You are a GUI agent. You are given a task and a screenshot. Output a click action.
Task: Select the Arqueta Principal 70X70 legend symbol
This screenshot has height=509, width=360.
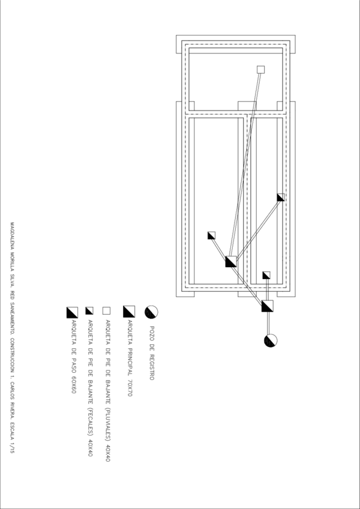128,311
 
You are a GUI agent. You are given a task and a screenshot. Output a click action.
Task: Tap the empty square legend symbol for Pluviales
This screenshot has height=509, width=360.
107,311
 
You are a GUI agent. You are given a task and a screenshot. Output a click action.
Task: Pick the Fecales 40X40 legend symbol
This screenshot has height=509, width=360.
89,311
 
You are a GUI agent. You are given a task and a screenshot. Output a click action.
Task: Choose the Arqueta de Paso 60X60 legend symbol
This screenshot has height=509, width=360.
73,312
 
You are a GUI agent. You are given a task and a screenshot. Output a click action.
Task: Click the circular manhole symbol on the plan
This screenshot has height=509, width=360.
270,341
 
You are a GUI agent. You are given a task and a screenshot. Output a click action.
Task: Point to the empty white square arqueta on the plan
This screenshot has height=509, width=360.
260,70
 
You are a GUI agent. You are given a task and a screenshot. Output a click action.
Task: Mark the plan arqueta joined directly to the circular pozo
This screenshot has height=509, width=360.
268,306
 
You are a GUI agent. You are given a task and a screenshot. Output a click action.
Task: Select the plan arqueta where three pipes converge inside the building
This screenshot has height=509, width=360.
231,261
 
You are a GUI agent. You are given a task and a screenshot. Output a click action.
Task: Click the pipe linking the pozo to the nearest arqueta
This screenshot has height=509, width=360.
269,324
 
